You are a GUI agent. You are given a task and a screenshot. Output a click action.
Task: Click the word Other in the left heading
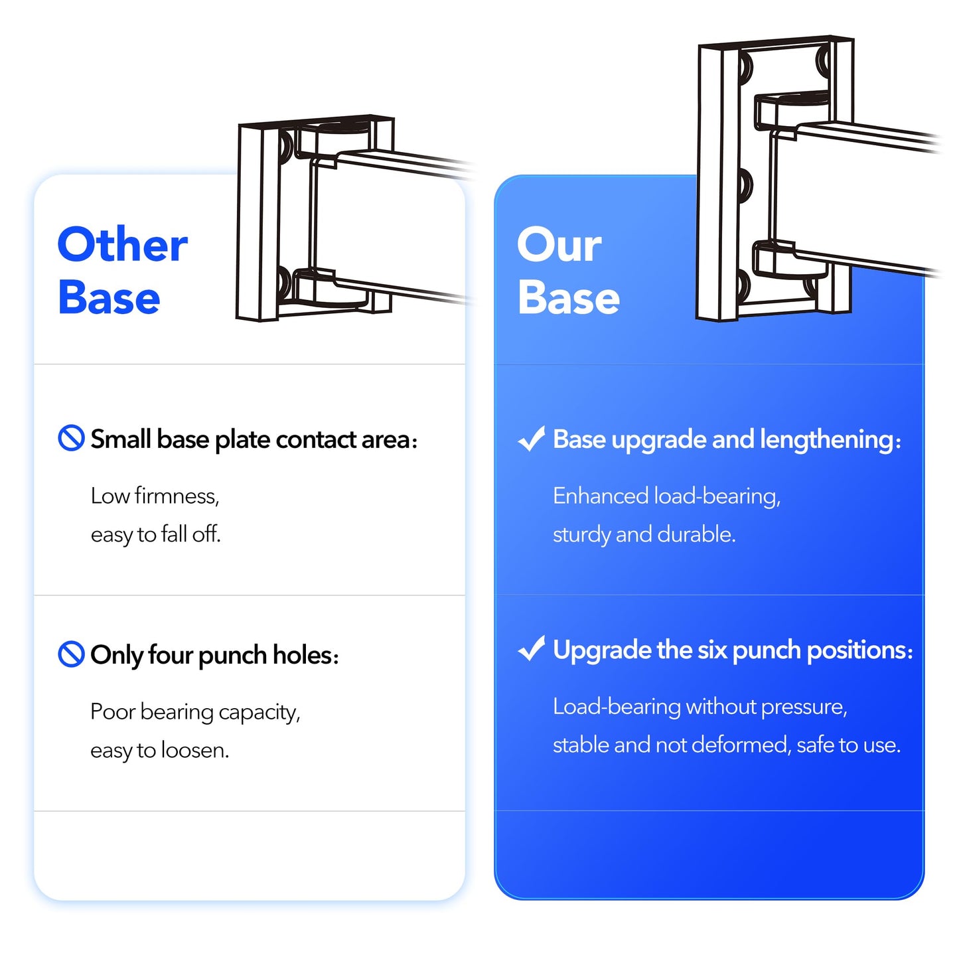122,245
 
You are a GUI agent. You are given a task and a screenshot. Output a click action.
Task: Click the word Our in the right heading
559,245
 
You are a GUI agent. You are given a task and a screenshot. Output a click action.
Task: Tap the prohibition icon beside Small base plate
71,438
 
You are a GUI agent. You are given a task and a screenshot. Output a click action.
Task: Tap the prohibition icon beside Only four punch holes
71,654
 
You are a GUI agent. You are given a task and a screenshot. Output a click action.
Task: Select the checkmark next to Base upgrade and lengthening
531,439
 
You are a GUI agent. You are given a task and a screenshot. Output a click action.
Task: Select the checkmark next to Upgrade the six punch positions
531,649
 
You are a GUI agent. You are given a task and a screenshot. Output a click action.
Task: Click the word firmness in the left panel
176,496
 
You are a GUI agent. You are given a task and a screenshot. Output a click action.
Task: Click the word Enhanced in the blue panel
601,496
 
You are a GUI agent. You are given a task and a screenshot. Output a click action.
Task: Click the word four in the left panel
171,655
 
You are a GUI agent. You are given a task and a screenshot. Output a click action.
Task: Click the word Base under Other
109,298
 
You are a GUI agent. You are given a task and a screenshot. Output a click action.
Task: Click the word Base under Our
568,298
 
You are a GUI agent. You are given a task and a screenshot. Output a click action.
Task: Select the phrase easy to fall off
155,534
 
